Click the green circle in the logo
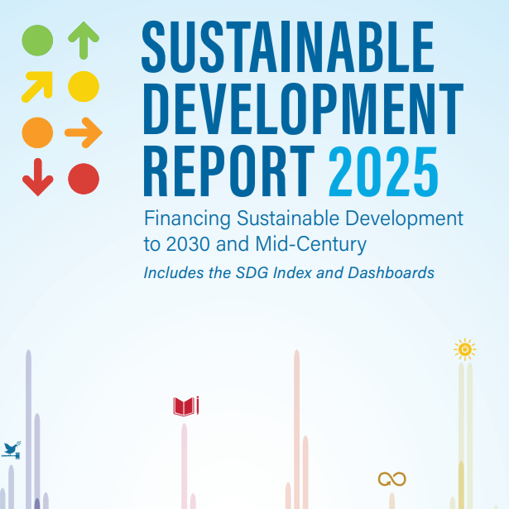(37, 41)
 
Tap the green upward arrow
(84, 41)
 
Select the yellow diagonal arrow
(37, 85)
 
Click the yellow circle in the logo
(84, 85)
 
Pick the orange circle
(37, 132)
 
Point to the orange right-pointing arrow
(83, 132)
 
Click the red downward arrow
(37, 177)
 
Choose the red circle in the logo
(84, 178)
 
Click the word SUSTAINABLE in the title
(287, 46)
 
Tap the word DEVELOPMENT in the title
(302, 109)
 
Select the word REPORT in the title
(228, 171)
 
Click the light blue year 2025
(383, 171)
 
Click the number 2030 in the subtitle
(188, 245)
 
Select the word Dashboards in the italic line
(392, 272)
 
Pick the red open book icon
(185, 406)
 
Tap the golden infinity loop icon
(391, 478)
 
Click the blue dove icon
(11, 450)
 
